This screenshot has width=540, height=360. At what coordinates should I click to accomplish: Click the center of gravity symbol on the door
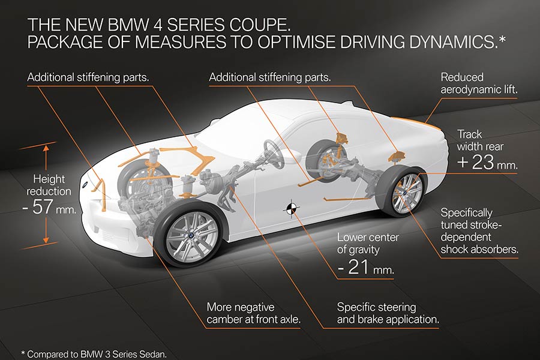point(290,207)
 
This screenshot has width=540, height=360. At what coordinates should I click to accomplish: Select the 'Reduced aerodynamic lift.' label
point(479,83)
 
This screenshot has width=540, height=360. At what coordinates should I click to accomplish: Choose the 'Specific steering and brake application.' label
point(388,313)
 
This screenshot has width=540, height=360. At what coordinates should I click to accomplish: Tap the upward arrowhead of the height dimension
point(45,147)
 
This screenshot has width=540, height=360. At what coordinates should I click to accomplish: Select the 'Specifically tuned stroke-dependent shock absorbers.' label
point(479,231)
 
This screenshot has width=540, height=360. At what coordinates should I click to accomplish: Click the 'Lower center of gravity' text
point(368,243)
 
